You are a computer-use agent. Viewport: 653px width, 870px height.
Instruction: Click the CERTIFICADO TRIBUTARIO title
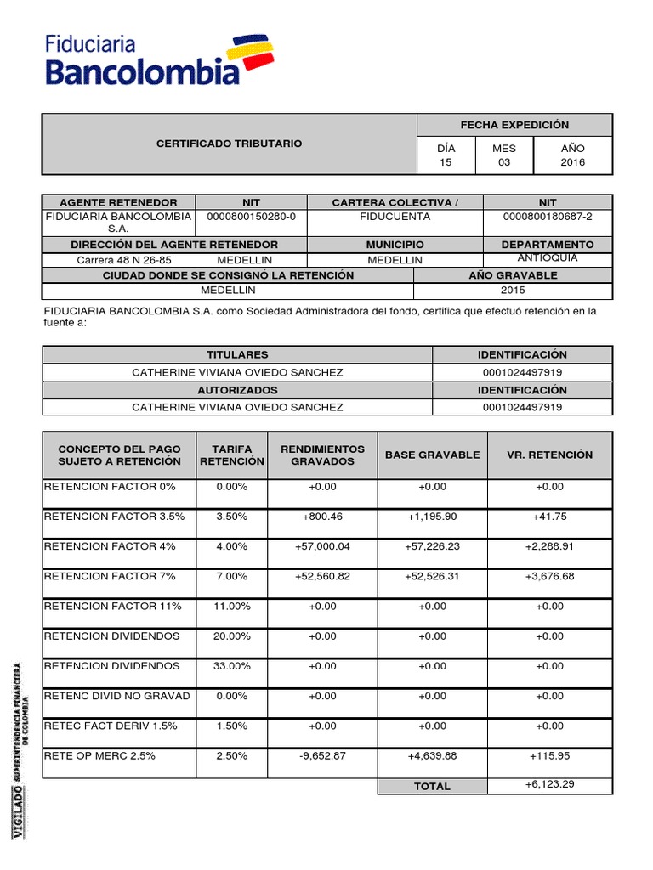point(229,144)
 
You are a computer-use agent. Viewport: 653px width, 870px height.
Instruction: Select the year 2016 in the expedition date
point(572,162)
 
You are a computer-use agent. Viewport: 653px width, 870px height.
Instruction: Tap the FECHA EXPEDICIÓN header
point(514,125)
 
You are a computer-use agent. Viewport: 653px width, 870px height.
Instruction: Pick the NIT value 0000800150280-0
point(251,217)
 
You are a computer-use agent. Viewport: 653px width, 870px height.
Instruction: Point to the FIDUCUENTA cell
point(395,217)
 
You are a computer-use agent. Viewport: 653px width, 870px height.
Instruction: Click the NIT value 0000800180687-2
point(548,217)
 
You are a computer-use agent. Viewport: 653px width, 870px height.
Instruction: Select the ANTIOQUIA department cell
point(548,258)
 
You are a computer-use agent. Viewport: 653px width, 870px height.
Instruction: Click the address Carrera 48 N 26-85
point(124,260)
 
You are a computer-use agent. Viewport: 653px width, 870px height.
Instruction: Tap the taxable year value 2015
point(513,291)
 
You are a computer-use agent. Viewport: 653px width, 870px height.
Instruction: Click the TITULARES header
point(237,354)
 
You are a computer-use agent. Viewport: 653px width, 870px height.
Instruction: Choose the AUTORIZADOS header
point(237,390)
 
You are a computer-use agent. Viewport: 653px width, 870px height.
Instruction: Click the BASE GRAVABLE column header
point(432,455)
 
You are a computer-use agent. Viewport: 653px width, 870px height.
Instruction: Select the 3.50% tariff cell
point(231,517)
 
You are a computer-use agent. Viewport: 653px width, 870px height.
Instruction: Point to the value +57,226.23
point(432,546)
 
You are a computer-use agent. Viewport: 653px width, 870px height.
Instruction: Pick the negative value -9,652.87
point(322,756)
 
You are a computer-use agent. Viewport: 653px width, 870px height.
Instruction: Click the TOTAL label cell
point(432,787)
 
